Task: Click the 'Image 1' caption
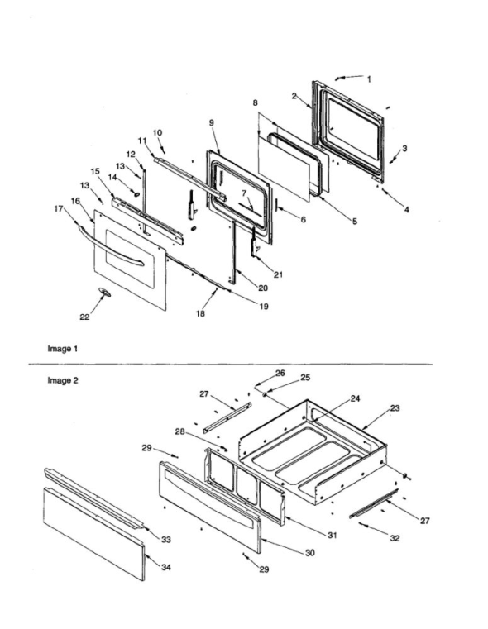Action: coord(63,349)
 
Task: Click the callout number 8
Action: coord(255,103)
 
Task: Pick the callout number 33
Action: coord(165,539)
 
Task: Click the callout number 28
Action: coord(180,431)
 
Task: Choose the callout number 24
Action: coord(355,398)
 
